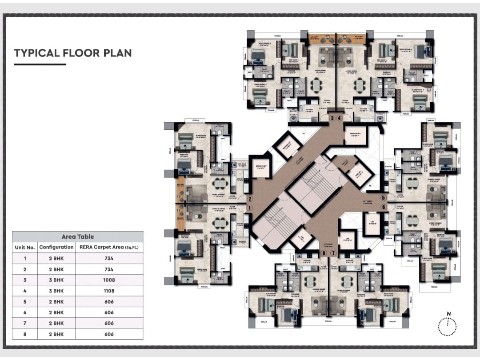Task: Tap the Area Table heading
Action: pyautogui.click(x=78, y=237)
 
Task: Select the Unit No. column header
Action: pyautogui.click(x=25, y=247)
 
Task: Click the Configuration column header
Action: pyautogui.click(x=56, y=247)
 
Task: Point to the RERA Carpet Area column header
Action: pyautogui.click(x=109, y=247)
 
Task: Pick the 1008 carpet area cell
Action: pyautogui.click(x=109, y=280)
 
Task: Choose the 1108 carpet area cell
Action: pyautogui.click(x=109, y=291)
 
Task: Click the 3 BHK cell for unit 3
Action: pyautogui.click(x=56, y=280)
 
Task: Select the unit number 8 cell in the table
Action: pyautogui.click(x=25, y=334)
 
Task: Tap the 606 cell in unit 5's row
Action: pyautogui.click(x=109, y=302)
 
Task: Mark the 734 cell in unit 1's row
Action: pyautogui.click(x=109, y=258)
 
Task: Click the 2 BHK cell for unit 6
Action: pyautogui.click(x=56, y=312)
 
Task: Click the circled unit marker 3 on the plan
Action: pyautogui.click(x=332, y=118)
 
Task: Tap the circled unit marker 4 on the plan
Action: pyautogui.click(x=340, y=118)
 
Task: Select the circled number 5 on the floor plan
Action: pyautogui.click(x=383, y=198)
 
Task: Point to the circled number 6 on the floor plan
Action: pyautogui.click(x=383, y=207)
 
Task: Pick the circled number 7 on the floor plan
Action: pyautogui.click(x=333, y=253)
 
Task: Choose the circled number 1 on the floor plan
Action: pyautogui.click(x=250, y=208)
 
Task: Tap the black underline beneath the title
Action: pyautogui.click(x=40, y=64)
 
